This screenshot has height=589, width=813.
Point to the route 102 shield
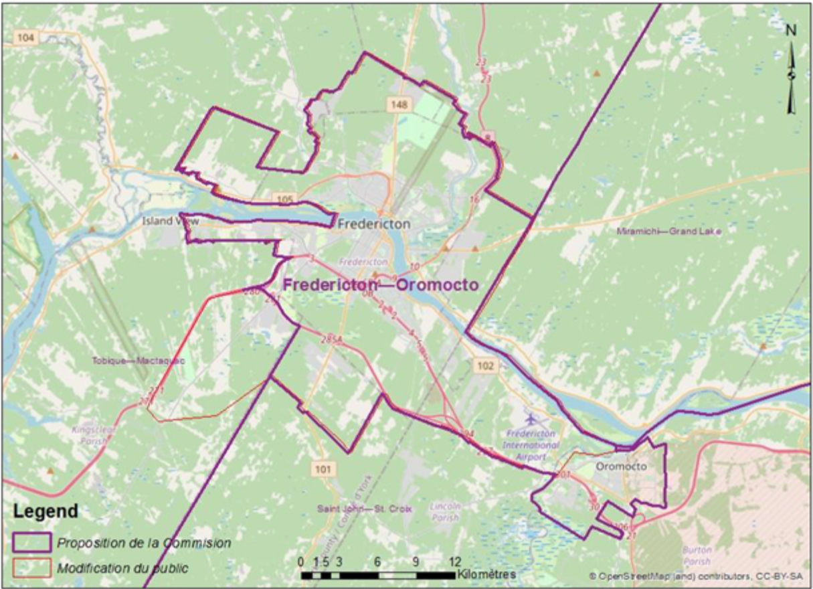tap(486, 365)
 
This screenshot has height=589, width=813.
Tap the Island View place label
tap(171, 220)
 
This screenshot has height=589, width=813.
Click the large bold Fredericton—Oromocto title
tap(380, 284)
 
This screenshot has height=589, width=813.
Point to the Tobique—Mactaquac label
tap(138, 361)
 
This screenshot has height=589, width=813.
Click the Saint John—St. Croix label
tap(364, 509)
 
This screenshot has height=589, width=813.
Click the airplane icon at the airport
tap(532, 420)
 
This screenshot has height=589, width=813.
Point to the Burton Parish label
tap(697, 555)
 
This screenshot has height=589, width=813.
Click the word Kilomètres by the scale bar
tap(486, 574)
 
